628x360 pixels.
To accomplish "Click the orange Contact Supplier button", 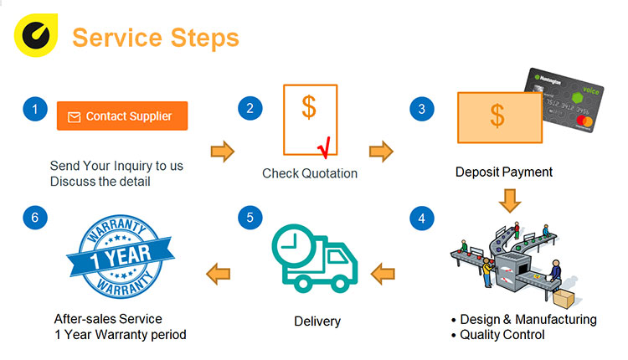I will point(122,116).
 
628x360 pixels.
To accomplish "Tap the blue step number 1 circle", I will point(34,109).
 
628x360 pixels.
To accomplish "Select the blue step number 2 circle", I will point(249,108).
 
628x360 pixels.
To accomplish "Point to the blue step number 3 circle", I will point(421,109).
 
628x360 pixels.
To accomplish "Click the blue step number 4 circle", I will point(421,219).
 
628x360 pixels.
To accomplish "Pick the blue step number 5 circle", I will point(249,219).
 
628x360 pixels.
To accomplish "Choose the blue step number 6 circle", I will point(34,219).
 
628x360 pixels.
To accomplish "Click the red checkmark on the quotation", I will point(322,147).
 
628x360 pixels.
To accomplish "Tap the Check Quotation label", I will point(310,173).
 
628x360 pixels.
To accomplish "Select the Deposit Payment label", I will point(504,172).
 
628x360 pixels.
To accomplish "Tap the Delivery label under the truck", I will point(317,321).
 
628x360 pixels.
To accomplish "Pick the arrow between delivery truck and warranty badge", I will point(219,271).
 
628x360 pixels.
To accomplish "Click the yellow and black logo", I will point(34,37).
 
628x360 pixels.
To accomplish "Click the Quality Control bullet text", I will point(502,335).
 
